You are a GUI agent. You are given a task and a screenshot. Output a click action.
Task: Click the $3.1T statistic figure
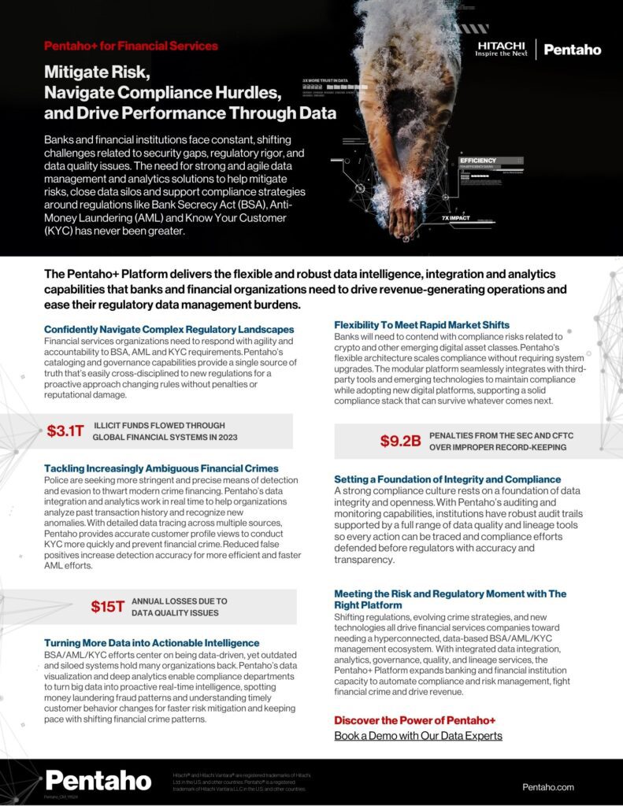pos(65,431)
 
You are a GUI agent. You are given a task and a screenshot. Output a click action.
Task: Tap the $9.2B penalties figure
pos(400,441)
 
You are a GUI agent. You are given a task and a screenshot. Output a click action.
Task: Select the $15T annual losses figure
pos(108,606)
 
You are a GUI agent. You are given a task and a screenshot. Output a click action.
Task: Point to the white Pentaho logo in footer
pos(98,780)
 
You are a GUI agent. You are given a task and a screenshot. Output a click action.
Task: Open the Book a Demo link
pos(417,736)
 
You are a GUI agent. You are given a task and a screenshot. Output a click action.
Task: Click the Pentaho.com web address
pos(548,787)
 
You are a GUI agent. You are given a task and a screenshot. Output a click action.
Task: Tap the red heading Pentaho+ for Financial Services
pos(131,46)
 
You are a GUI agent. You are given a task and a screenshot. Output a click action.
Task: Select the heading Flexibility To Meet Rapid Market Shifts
pos(421,325)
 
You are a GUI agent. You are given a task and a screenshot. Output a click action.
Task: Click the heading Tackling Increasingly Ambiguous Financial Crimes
pos(161,468)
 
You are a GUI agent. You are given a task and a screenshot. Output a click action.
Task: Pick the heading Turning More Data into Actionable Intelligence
pos(151,643)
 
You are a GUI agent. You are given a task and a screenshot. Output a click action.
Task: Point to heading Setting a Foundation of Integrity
pos(447,479)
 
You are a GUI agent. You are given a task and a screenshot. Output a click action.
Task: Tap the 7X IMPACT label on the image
pos(456,217)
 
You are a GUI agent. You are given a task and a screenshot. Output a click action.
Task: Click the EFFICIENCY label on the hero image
pos(478,161)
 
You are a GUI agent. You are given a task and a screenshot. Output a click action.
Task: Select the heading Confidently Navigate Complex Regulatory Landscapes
pos(169,329)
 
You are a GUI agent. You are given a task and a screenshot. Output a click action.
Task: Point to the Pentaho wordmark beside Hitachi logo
pos(572,50)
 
